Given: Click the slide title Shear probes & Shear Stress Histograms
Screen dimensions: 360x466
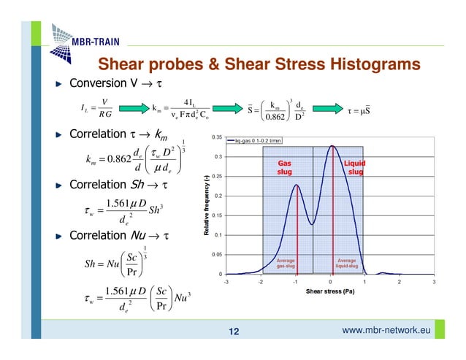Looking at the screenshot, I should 259,65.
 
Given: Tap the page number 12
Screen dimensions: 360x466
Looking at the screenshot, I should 234,333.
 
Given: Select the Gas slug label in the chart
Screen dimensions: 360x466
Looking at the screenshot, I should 285,169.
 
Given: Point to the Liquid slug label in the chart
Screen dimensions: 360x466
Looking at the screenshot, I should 355,169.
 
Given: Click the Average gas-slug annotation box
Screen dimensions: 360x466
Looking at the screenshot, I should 286,263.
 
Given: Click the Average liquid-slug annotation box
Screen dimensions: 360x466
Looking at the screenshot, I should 347,263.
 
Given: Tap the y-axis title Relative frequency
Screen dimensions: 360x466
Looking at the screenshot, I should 207,204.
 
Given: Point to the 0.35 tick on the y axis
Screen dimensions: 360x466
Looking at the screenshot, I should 218,137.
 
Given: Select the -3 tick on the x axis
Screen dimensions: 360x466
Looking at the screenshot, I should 226,282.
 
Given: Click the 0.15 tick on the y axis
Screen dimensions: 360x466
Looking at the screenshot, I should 218,215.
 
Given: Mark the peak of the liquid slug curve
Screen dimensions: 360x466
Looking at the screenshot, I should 332,145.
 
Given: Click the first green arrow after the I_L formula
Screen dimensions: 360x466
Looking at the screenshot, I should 131,110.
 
